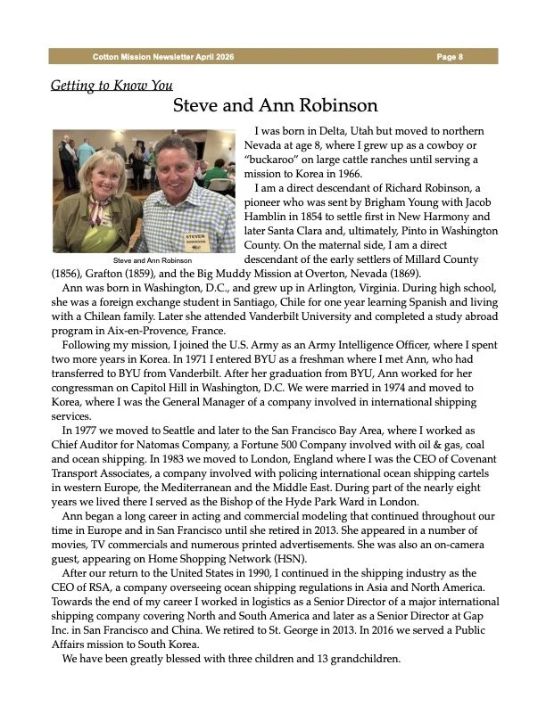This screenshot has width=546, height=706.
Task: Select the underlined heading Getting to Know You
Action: pyautogui.click(x=112, y=86)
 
